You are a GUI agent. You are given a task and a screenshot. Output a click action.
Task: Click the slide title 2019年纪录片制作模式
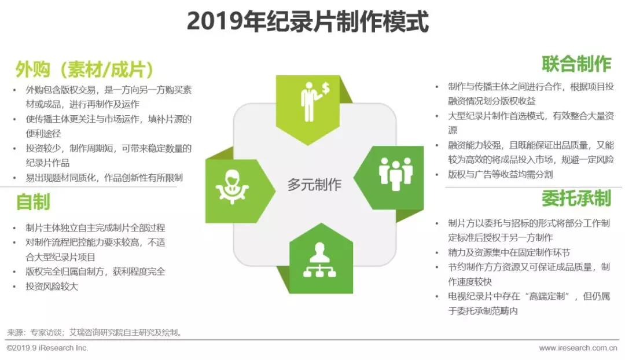[x=308, y=21]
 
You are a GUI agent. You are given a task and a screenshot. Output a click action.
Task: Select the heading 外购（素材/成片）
[x=84, y=69]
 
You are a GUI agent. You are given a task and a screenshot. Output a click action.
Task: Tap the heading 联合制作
[x=576, y=64]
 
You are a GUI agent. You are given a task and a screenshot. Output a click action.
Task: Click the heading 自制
[x=33, y=202]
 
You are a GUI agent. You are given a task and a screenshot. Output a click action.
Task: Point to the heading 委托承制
[x=576, y=199]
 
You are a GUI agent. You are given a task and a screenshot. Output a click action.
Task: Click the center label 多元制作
[x=314, y=185]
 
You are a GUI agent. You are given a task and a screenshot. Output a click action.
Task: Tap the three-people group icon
[x=395, y=174]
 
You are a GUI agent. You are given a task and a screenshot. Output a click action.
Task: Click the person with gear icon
[x=232, y=187]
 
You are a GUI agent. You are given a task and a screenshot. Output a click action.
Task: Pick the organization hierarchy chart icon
[x=319, y=259]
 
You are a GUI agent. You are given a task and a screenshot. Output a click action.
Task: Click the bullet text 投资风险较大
[x=52, y=286]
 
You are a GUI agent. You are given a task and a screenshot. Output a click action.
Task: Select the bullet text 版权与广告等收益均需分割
[x=500, y=174]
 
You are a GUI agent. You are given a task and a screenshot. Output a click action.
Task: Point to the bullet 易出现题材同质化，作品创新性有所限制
[x=104, y=178]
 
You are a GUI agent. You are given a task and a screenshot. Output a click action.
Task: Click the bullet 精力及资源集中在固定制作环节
[x=509, y=252]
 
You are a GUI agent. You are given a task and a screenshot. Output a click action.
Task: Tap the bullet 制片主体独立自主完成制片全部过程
[x=95, y=228]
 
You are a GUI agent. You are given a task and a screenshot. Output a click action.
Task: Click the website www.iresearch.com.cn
[x=578, y=348]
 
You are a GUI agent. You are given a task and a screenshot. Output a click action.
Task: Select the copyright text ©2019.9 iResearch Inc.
[x=47, y=348]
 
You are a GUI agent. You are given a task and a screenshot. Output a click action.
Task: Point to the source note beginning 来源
[x=95, y=332]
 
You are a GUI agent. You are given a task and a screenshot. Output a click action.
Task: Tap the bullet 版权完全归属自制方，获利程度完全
[x=95, y=272]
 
